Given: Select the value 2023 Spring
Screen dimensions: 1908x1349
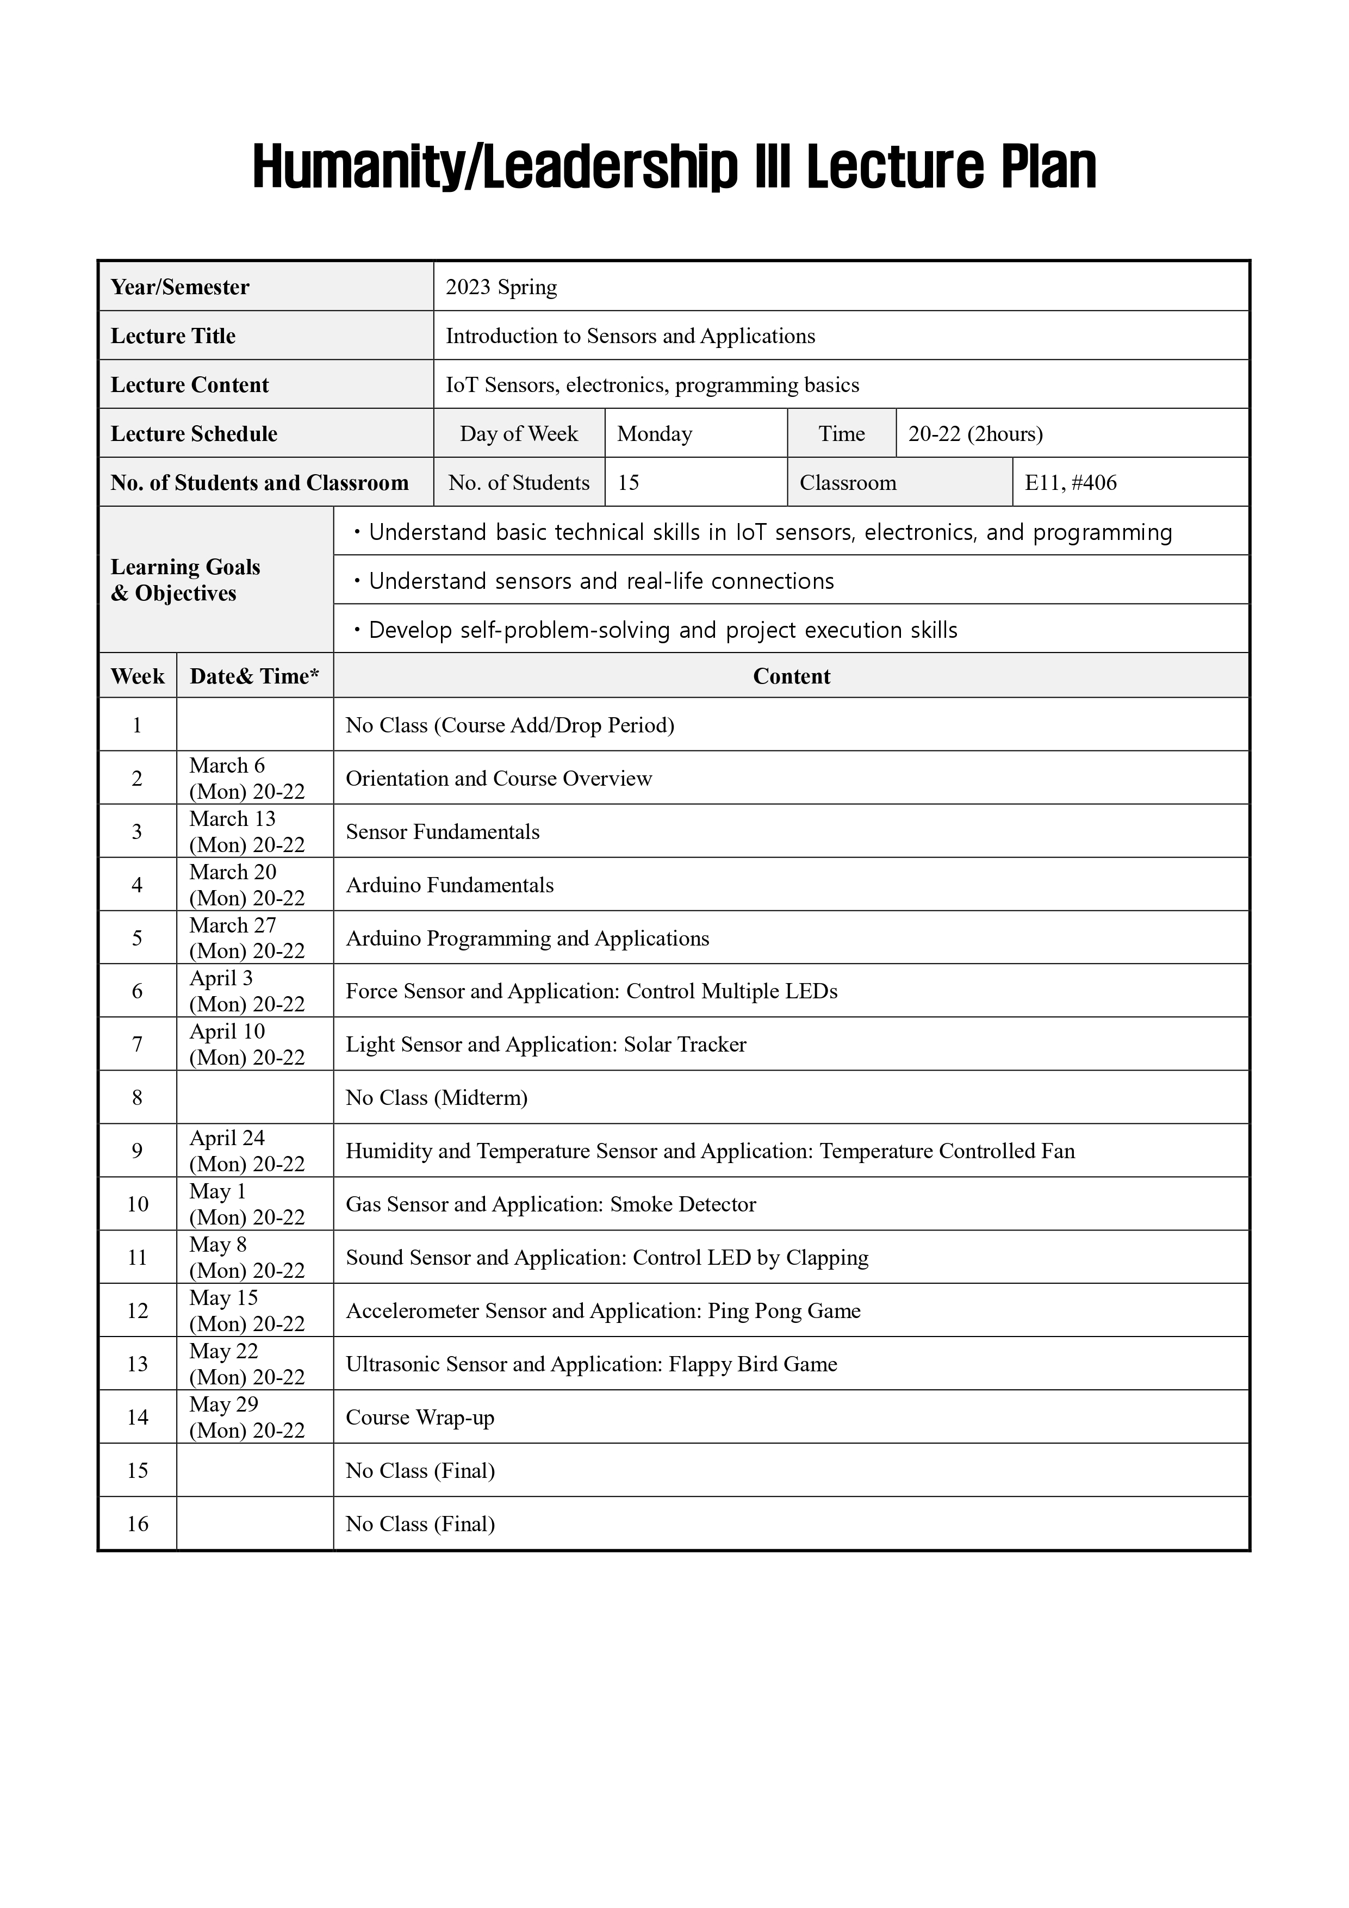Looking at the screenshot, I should click(501, 288).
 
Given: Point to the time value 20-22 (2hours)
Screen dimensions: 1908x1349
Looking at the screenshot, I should click(975, 434).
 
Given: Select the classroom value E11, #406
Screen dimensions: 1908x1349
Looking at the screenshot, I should click(1071, 483).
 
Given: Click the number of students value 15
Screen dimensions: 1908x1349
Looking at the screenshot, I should click(629, 483).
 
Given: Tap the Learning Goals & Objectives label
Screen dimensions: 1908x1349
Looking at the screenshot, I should click(185, 580).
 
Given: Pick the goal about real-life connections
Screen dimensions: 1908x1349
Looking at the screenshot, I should click(600, 581).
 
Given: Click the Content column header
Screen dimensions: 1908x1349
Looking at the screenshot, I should click(791, 676).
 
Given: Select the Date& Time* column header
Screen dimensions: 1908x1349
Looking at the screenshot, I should click(254, 676).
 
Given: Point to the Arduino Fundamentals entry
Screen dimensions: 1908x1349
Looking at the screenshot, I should click(450, 885).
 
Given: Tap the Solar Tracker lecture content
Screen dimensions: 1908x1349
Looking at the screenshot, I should click(545, 1045).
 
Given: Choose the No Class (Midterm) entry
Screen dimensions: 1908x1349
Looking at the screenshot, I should click(437, 1098).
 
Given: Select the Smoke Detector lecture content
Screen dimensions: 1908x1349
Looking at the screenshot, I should click(550, 1204).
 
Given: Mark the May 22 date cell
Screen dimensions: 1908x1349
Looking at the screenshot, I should click(247, 1364).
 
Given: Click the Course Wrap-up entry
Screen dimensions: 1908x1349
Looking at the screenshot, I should click(420, 1417).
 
